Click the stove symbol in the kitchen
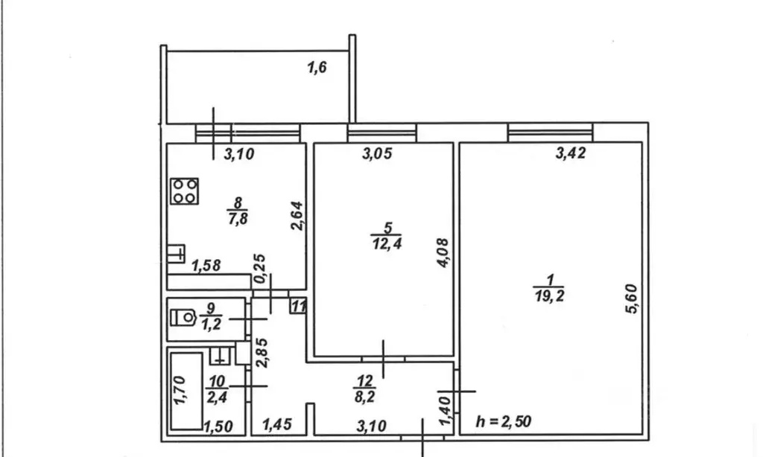point(185,191)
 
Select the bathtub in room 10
point(186,392)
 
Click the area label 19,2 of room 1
point(549,295)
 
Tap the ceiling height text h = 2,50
point(505,423)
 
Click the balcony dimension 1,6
point(317,68)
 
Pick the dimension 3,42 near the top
point(572,155)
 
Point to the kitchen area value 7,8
point(237,217)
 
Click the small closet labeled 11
point(297,306)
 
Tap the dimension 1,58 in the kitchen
point(206,266)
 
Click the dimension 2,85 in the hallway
point(262,353)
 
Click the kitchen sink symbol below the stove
point(177,255)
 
